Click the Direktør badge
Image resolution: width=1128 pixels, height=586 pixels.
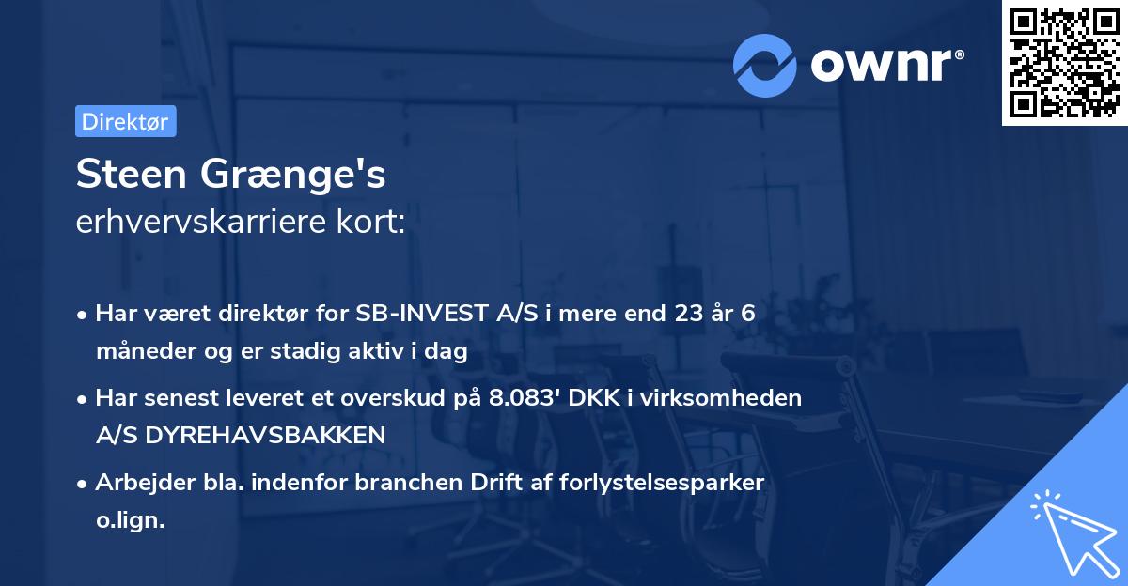pyautogui.click(x=125, y=121)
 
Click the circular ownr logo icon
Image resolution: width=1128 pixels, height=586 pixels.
pyautogui.click(x=766, y=65)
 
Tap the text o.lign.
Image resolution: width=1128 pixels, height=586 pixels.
pyautogui.click(x=130, y=519)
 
